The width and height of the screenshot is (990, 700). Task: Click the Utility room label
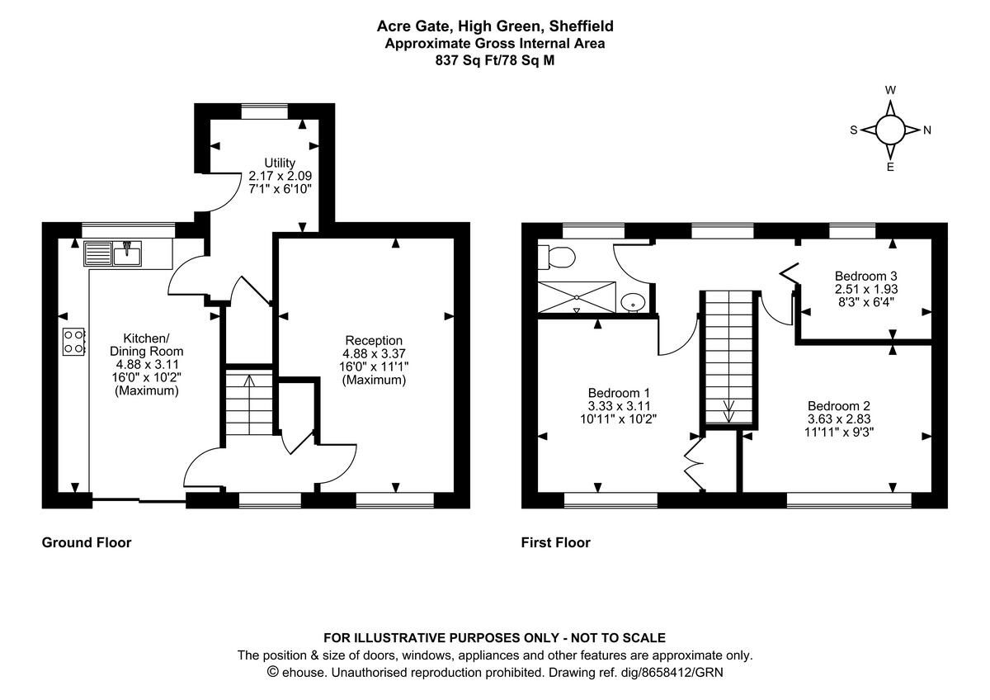tap(280, 162)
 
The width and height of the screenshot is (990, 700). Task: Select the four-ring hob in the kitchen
tap(73, 342)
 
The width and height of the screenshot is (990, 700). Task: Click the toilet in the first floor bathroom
tap(557, 258)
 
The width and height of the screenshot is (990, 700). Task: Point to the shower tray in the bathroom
tap(577, 296)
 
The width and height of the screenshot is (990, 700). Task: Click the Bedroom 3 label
tap(865, 276)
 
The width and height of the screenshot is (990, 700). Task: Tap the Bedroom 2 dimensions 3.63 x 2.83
tap(839, 419)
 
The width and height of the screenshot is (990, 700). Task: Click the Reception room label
tap(374, 340)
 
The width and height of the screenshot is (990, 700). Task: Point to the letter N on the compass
tap(926, 130)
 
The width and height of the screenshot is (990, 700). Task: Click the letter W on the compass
tap(890, 90)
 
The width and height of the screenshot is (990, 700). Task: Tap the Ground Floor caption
tap(87, 542)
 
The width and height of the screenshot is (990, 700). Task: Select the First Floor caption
tap(555, 542)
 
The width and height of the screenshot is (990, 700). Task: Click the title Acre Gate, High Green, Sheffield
tap(495, 27)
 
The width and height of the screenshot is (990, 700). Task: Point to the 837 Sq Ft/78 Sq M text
tap(495, 59)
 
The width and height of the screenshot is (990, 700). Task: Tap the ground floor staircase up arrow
tap(250, 381)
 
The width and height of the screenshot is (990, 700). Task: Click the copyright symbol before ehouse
tap(273, 672)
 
